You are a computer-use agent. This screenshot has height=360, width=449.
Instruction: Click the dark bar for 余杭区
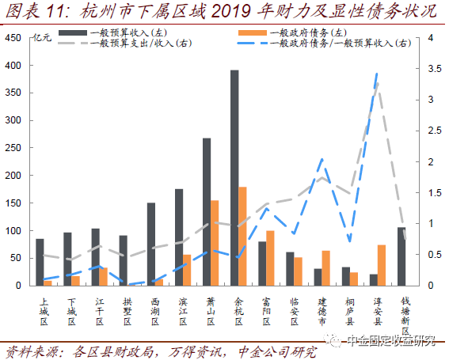[x=234, y=177]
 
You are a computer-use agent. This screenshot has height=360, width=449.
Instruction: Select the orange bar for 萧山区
[x=214, y=243]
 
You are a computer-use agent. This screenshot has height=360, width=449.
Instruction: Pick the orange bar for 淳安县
[x=382, y=265]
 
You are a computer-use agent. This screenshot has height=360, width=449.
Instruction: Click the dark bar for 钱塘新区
[x=401, y=256]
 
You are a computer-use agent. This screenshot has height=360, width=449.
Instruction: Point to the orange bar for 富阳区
[x=270, y=258]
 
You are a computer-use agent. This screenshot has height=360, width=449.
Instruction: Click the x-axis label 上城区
[x=44, y=311]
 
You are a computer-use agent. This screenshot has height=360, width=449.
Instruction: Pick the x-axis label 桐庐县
[x=350, y=311]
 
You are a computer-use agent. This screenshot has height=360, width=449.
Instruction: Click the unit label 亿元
[x=43, y=37]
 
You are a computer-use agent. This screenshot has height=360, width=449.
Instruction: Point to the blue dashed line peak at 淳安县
[x=376, y=74]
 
